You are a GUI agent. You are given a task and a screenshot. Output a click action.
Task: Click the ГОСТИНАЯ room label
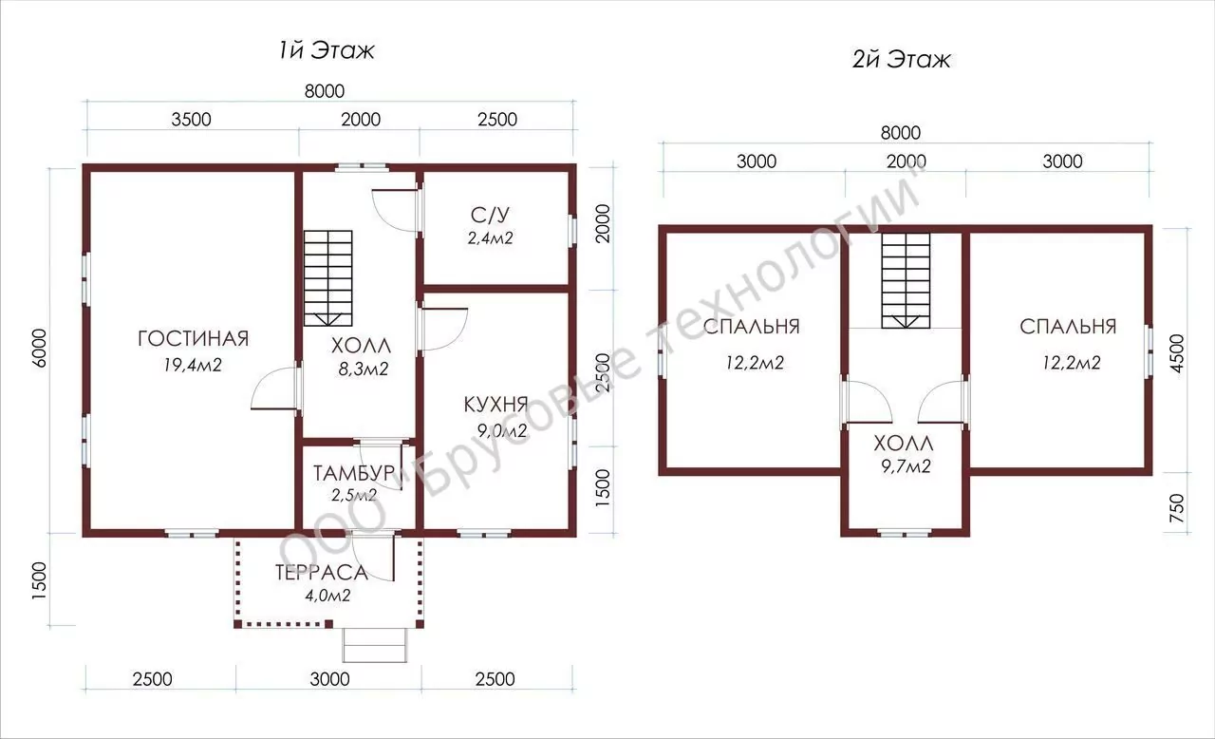[193, 338]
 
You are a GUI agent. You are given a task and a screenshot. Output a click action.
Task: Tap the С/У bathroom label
[491, 216]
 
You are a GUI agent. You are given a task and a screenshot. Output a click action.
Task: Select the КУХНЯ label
[495, 405]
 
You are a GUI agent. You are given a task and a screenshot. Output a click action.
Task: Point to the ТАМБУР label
[354, 473]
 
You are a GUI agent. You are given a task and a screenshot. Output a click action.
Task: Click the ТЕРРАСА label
[321, 573]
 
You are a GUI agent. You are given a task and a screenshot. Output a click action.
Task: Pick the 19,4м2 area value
[193, 365]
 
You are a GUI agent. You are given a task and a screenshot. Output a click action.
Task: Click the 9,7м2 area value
[906, 466]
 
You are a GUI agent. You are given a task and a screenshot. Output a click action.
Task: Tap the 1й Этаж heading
[327, 50]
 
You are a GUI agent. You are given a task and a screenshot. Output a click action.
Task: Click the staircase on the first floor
[328, 278]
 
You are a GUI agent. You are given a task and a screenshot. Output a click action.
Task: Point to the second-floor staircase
[906, 280]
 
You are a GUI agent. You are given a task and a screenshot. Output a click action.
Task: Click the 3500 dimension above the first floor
[191, 120]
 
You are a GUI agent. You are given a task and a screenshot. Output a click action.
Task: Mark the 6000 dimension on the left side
[40, 349]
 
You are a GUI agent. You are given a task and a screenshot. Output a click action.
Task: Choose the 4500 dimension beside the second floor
[1177, 353]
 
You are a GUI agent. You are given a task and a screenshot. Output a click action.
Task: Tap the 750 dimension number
[1177, 508]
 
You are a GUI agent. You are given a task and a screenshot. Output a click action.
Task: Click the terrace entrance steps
[374, 645]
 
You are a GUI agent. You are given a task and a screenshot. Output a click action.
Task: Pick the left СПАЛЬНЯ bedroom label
[751, 327]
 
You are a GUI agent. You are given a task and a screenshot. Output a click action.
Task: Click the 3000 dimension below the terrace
[329, 679]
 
